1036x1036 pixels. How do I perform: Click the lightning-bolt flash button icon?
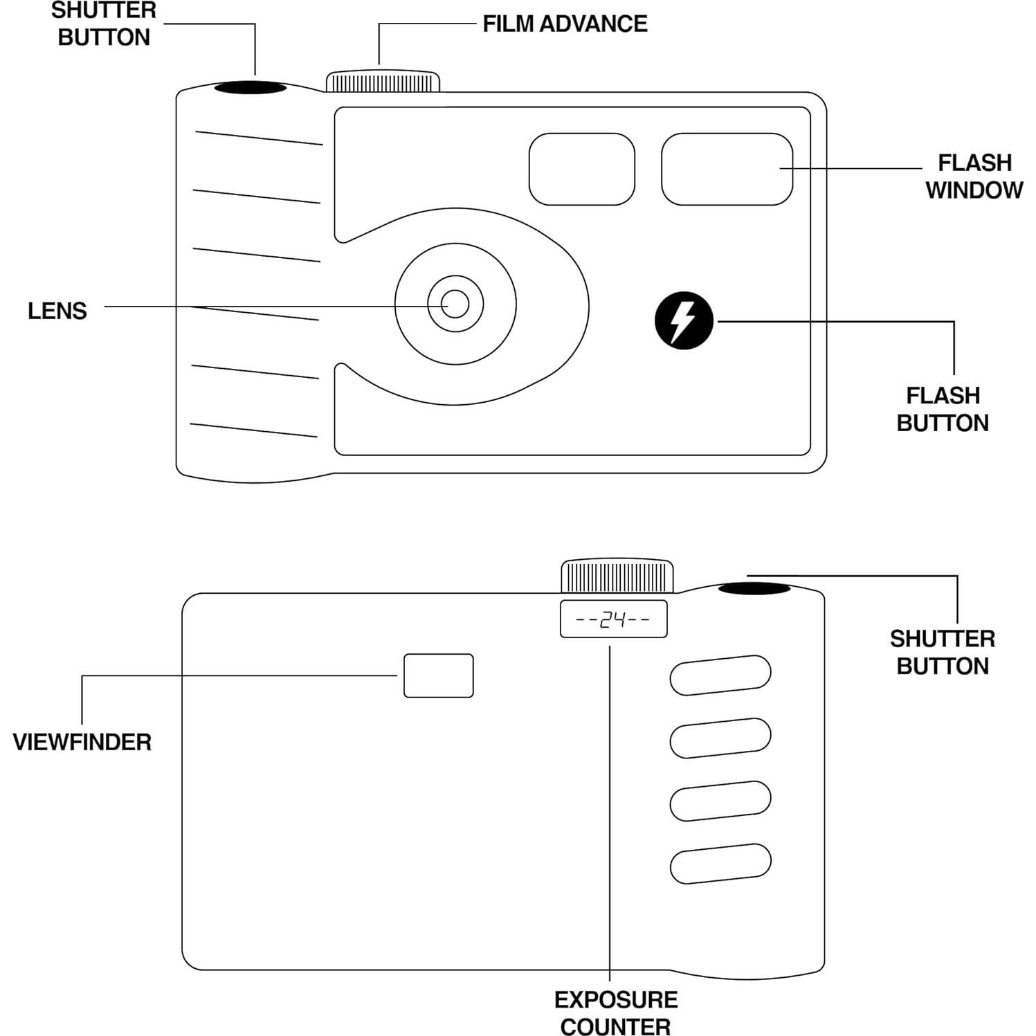point(684,320)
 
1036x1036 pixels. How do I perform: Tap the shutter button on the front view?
point(250,88)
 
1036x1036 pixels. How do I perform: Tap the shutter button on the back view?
point(754,588)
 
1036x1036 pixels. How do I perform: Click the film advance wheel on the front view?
point(383,82)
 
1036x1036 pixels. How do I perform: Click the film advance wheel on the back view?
point(617,576)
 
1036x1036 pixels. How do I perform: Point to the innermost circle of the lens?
point(455,304)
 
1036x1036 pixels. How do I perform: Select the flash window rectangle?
point(727,169)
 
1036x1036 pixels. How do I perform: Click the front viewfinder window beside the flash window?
point(581,169)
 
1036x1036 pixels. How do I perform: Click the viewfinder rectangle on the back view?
point(439,675)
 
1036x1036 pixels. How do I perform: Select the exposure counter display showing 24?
point(613,619)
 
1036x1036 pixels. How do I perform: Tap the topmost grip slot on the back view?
point(720,675)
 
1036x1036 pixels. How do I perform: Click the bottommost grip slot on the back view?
point(720,863)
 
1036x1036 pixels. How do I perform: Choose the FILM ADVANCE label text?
point(565,24)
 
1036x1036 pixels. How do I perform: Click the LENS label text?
point(57,311)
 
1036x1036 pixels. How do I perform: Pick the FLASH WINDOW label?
point(974,176)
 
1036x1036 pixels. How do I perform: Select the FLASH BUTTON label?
point(943,409)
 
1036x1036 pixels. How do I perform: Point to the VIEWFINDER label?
point(82,742)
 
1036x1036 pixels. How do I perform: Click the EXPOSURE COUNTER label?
point(615,1012)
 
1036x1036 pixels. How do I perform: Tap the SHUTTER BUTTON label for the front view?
point(104,24)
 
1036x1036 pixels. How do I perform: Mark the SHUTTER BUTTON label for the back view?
point(943,652)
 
